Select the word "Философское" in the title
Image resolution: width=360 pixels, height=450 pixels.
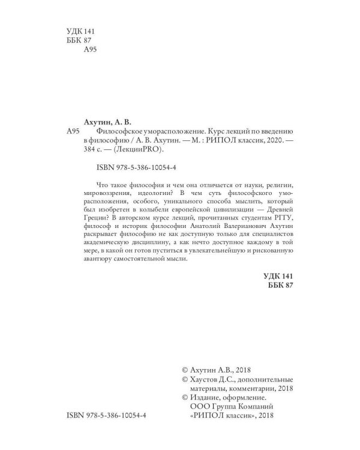[x=120, y=130]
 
